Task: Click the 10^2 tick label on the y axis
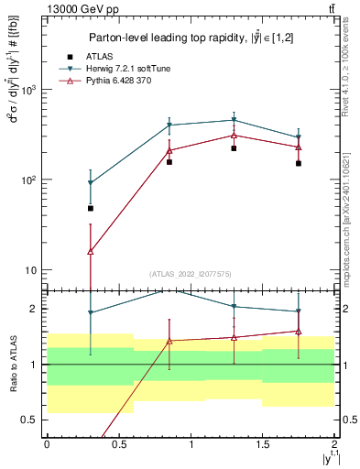pyautogui.click(x=27, y=180)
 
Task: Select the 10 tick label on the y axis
pyautogui.click(x=29, y=270)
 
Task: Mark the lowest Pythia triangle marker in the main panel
pyautogui.click(x=90, y=251)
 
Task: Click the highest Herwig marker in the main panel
pyautogui.click(x=234, y=120)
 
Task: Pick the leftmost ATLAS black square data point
pyautogui.click(x=90, y=208)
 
